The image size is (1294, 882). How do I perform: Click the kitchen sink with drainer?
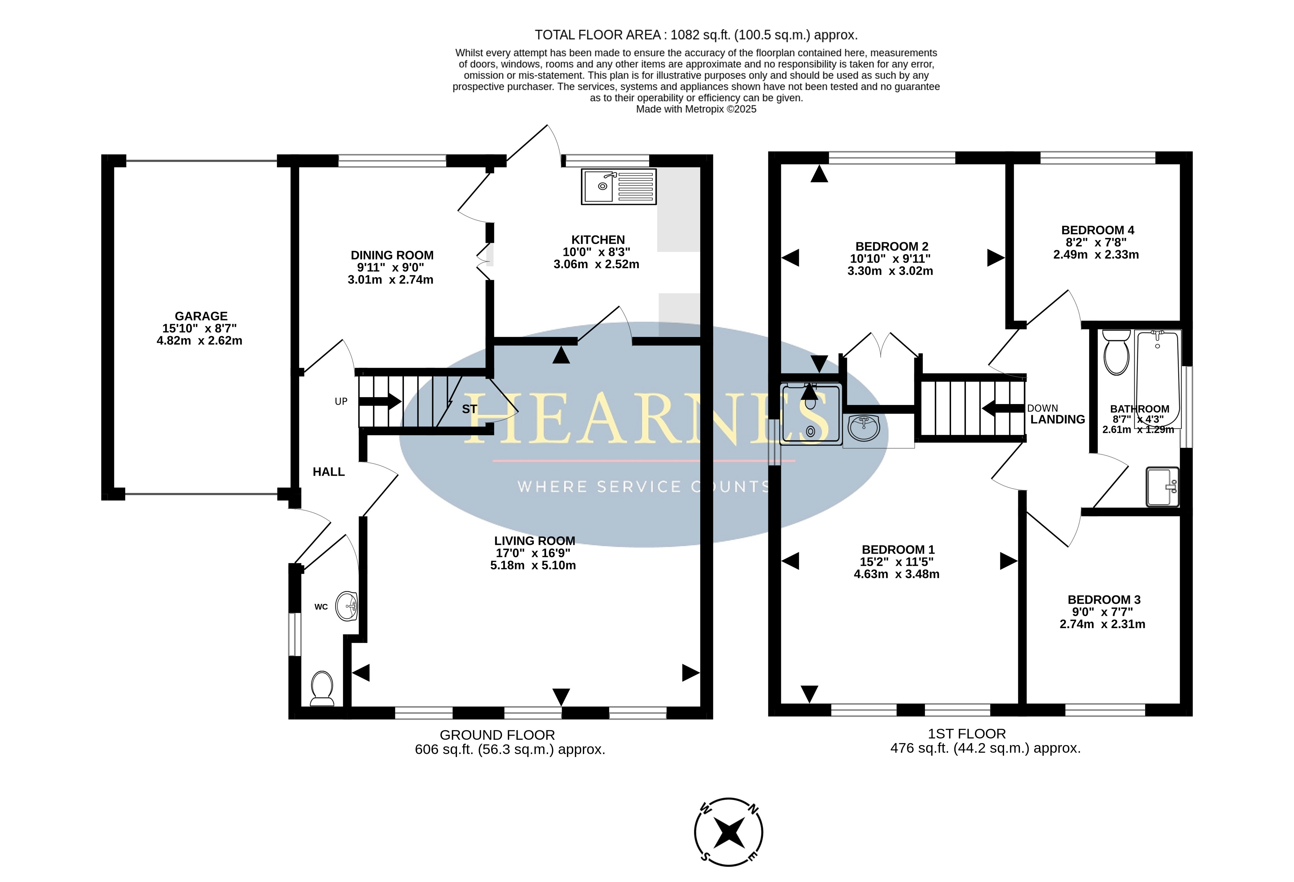tap(619, 186)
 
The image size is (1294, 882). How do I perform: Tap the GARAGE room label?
tap(201, 316)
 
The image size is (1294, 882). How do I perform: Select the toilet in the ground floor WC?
tap(322, 688)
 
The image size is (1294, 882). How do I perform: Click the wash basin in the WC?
tap(347, 606)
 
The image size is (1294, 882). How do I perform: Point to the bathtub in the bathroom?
tap(1157, 379)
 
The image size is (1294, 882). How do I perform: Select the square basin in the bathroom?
tap(1162, 487)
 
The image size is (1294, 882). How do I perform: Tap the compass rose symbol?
tap(728, 832)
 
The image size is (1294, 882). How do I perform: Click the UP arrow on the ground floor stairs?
tap(380, 401)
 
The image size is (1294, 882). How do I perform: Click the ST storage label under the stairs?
tap(469, 409)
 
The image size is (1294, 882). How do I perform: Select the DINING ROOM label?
tap(392, 255)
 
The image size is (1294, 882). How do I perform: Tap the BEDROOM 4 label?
tap(1097, 230)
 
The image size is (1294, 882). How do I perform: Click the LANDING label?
tap(1057, 419)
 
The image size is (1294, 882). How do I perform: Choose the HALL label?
tap(328, 472)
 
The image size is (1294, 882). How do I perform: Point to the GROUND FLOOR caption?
tap(497, 735)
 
